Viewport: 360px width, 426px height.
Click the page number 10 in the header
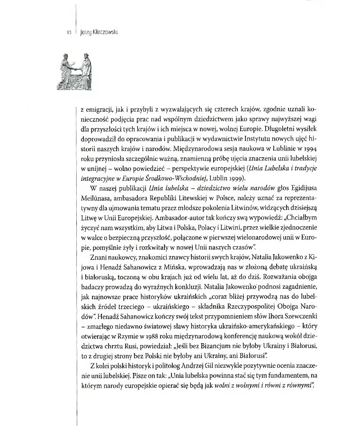(x=68, y=33)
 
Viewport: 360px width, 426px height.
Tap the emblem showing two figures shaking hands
(x=76, y=71)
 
